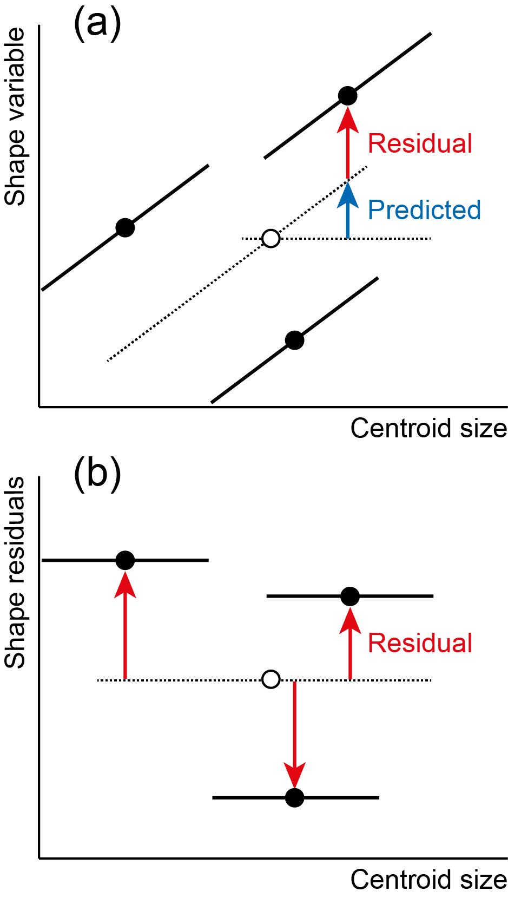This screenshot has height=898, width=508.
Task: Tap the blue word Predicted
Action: coord(424,211)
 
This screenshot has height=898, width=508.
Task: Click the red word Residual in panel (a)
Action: coord(420,143)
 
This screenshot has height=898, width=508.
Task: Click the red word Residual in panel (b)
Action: coord(420,644)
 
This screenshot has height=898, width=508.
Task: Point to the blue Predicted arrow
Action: coord(347,209)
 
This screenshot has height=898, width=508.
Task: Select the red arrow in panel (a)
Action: coord(347,142)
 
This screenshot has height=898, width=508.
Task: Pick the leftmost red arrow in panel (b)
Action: coord(125,625)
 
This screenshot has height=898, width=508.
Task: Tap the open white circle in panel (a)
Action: coord(271,239)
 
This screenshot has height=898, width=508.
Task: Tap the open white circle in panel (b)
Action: coord(271,679)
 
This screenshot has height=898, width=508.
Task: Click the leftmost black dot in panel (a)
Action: coord(125,228)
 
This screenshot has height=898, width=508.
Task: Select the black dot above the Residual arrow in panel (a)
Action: coord(347,96)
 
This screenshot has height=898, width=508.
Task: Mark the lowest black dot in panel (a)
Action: coord(294,340)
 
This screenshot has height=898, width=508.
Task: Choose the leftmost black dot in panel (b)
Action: coord(125,560)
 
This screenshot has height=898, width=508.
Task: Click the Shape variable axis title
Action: coord(15,117)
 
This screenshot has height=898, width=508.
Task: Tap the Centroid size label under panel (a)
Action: coord(428,428)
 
